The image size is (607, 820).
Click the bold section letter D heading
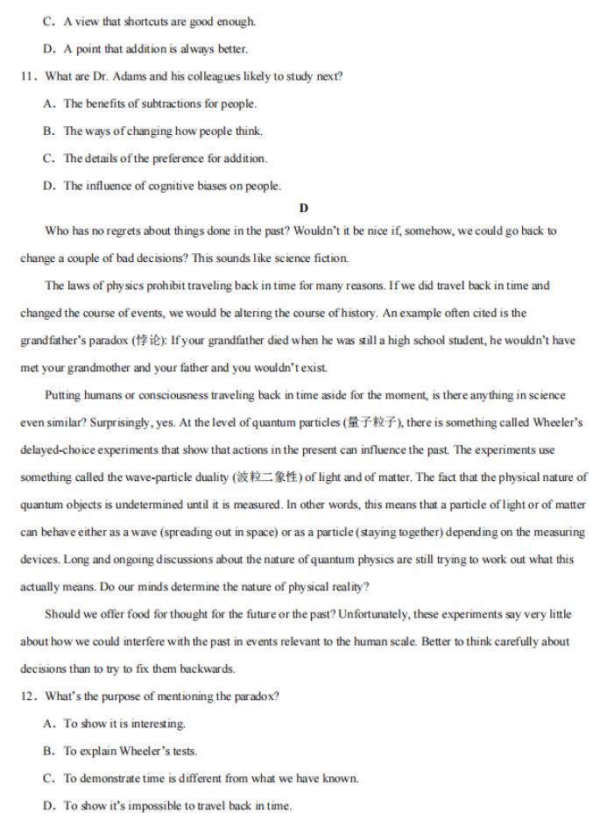point(303,208)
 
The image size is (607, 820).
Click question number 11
point(27,76)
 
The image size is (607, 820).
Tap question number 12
point(27,696)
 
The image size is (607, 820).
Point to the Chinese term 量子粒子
point(372,422)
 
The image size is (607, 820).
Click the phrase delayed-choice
point(60,450)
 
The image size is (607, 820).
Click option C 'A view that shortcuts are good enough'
point(159,21)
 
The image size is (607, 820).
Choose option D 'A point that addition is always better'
point(155,49)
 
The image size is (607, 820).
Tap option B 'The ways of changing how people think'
point(162,131)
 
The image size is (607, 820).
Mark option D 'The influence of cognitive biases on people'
point(172,186)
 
